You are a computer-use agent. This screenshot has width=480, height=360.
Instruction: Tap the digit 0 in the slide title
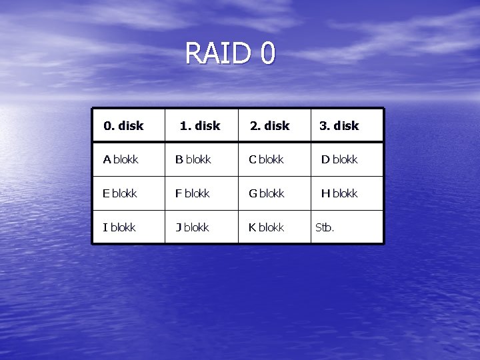click(x=267, y=53)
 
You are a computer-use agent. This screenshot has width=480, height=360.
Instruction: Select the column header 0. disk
click(x=123, y=125)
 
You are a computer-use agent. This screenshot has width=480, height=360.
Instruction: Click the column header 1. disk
click(x=200, y=125)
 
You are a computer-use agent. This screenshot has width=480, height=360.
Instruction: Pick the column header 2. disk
click(x=269, y=125)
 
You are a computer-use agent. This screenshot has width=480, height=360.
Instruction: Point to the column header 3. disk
click(x=339, y=125)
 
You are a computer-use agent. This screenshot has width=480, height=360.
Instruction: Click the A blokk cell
click(x=121, y=159)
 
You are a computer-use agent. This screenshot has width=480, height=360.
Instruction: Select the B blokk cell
click(x=193, y=159)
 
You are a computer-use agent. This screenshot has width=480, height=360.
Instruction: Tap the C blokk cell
click(x=266, y=159)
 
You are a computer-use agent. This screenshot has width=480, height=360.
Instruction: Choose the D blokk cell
click(x=339, y=159)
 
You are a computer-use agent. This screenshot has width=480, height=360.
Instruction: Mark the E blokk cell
click(x=120, y=193)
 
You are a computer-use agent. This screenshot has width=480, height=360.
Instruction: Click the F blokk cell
click(x=192, y=193)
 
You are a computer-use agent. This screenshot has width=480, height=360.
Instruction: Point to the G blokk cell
click(x=266, y=193)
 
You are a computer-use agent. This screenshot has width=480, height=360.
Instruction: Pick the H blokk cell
click(x=339, y=193)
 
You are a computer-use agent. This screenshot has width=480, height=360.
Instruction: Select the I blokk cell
click(x=119, y=227)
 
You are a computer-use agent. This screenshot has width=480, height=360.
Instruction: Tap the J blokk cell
click(x=192, y=227)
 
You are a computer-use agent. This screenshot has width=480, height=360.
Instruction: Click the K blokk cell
click(x=266, y=227)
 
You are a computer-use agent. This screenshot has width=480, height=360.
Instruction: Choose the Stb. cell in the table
click(x=325, y=227)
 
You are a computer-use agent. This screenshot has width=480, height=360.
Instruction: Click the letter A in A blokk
click(x=107, y=159)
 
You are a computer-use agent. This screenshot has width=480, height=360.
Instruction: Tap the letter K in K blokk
click(x=252, y=227)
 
